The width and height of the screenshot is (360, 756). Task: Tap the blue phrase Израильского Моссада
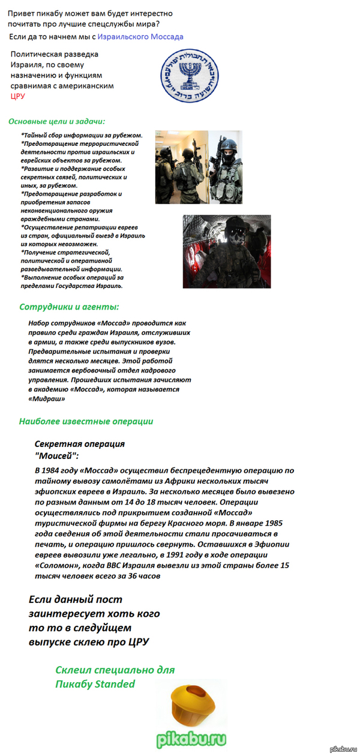(x=140, y=37)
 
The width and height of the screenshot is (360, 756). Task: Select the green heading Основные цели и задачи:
(x=56, y=121)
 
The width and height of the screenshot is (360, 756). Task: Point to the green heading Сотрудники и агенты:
(x=69, y=307)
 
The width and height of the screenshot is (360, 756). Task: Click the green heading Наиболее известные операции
(x=86, y=421)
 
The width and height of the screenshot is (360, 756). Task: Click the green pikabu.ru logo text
(x=191, y=738)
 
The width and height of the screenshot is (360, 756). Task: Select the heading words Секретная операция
(x=80, y=444)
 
